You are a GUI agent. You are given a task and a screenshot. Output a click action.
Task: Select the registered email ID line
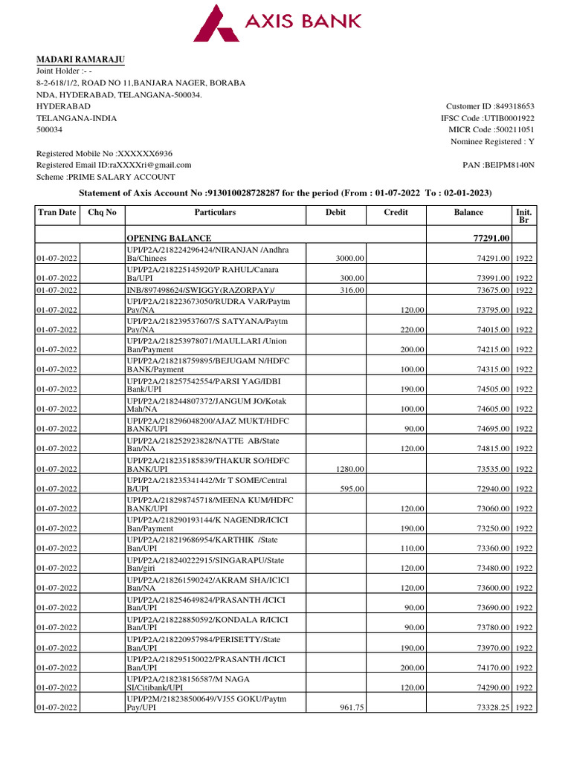114,165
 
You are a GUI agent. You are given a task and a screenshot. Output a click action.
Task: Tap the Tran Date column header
57,213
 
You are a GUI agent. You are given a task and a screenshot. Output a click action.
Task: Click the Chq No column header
103,213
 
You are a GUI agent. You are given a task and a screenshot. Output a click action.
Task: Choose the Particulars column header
215,213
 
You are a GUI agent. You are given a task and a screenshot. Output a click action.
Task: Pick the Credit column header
396,213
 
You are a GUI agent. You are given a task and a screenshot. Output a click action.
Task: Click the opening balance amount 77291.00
486,239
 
